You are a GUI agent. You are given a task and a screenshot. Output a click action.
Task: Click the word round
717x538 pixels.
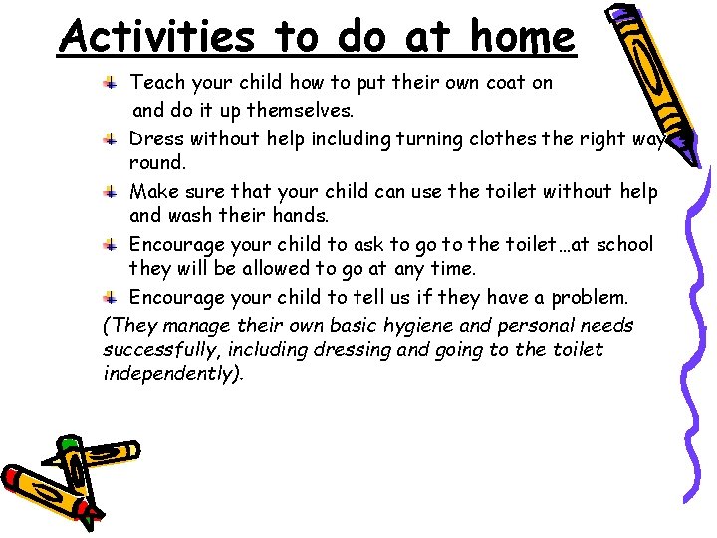pos(157,162)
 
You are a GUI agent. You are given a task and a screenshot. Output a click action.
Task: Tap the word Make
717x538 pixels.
pos(155,191)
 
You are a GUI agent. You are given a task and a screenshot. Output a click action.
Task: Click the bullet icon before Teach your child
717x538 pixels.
pos(116,82)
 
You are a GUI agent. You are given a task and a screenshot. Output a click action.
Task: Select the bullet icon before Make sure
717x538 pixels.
pos(116,190)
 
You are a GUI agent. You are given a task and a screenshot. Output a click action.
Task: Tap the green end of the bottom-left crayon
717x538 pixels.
pos(69,444)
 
